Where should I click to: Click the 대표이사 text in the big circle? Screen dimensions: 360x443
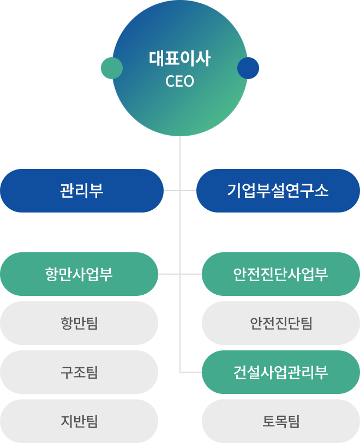[x=179, y=58]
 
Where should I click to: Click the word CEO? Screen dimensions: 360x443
[x=179, y=81]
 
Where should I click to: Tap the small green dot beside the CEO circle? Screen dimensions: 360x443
[x=112, y=68]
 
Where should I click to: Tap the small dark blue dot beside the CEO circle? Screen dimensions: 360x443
[x=248, y=68]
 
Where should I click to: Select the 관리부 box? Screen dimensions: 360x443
[x=82, y=191]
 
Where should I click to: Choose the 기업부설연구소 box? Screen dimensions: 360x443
[x=278, y=191]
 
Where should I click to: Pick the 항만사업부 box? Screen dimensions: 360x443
[x=79, y=274]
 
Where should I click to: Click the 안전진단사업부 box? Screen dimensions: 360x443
[x=281, y=274]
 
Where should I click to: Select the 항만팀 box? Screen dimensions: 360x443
[x=79, y=323]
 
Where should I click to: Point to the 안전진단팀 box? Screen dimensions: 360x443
[x=281, y=323]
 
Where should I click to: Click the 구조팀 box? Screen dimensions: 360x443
[x=79, y=372]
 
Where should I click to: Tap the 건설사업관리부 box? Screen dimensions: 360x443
[x=281, y=372]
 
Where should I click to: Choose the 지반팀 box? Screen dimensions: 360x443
[x=79, y=421]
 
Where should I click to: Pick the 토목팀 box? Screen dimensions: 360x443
[x=281, y=421]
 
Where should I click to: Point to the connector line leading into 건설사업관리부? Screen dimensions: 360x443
[x=191, y=372]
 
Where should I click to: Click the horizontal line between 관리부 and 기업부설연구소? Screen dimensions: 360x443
[x=180, y=191]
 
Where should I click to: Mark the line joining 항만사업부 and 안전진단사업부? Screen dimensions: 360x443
[x=180, y=274]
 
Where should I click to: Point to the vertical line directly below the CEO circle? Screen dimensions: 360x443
[x=180, y=254]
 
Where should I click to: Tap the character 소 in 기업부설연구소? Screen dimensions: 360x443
[x=321, y=190]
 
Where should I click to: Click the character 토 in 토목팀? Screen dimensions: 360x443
[x=269, y=421]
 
